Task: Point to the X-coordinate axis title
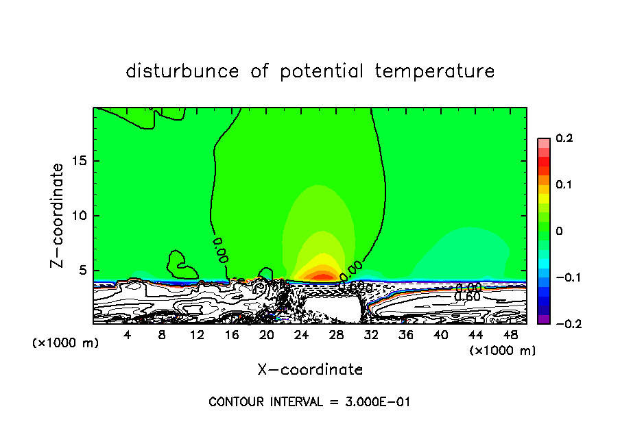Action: click(310, 370)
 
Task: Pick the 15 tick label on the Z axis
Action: click(79, 161)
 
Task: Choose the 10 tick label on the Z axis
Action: click(79, 216)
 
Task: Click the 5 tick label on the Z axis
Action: click(82, 271)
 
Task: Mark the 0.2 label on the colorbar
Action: click(564, 138)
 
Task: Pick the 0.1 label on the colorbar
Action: click(564, 185)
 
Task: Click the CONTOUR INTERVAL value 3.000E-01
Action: click(377, 402)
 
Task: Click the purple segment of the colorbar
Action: click(544, 319)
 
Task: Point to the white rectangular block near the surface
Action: click(331, 309)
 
